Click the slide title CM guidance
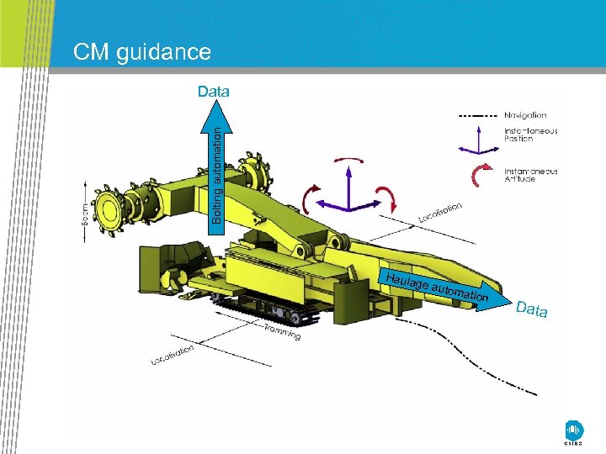pyautogui.click(x=141, y=52)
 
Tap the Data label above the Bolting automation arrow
pyautogui.click(x=214, y=91)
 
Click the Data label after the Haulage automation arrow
pyautogui.click(x=532, y=309)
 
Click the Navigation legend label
pyautogui.click(x=525, y=115)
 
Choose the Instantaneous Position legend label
pyautogui.click(x=530, y=135)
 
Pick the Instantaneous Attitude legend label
pyautogui.click(x=530, y=174)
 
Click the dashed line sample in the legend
pyautogui.click(x=477, y=115)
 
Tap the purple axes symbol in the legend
pyautogui.click(x=478, y=140)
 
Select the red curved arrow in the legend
pyautogui.click(x=481, y=174)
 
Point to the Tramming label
pyautogui.click(x=282, y=331)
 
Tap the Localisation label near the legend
pyautogui.click(x=440, y=214)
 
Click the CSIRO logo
pyautogui.click(x=573, y=430)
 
